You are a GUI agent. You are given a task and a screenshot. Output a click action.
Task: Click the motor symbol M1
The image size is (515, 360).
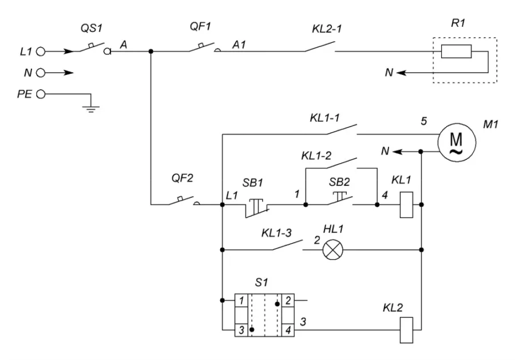point(457,143)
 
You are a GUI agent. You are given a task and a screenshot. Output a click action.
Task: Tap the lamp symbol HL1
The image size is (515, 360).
point(332,250)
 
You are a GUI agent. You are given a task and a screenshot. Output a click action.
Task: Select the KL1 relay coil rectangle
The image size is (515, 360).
point(406,205)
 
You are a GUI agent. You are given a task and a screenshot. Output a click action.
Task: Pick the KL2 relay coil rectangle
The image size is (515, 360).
point(406,330)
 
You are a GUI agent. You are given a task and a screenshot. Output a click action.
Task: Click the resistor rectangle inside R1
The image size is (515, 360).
point(456,52)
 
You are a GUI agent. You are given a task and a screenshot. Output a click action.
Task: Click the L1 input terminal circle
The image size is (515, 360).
point(41,52)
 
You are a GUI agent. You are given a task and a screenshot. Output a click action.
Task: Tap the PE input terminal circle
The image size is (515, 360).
point(41,94)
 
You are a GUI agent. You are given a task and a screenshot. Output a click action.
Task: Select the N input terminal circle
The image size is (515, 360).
point(41,73)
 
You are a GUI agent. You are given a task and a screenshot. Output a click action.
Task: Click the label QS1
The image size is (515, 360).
point(92,28)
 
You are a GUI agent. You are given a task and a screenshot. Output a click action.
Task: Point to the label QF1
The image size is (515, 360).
point(200,26)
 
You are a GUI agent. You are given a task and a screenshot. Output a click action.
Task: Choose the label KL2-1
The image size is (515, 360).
point(327,29)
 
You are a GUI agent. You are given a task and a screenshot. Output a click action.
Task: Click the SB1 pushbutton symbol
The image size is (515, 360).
point(257,208)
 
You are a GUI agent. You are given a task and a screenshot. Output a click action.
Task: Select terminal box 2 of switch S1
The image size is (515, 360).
point(288,300)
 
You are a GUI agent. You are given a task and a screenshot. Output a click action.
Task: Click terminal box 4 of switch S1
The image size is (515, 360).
point(288,330)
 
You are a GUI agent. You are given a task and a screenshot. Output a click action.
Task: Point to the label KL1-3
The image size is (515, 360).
point(276,233)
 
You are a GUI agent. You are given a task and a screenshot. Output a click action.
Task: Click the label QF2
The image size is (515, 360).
point(183,178)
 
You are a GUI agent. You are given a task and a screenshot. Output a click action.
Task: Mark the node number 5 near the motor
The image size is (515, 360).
point(423,121)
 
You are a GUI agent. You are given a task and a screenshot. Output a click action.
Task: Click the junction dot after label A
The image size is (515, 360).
point(150,52)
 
